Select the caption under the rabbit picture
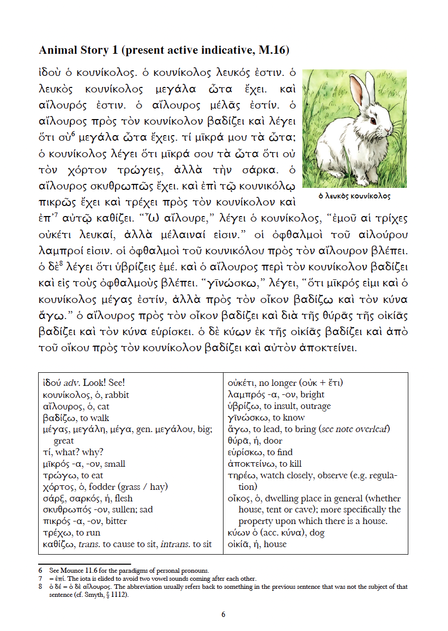(354, 196)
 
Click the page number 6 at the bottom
(223, 614)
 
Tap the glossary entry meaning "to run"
(72, 533)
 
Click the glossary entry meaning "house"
(257, 544)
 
